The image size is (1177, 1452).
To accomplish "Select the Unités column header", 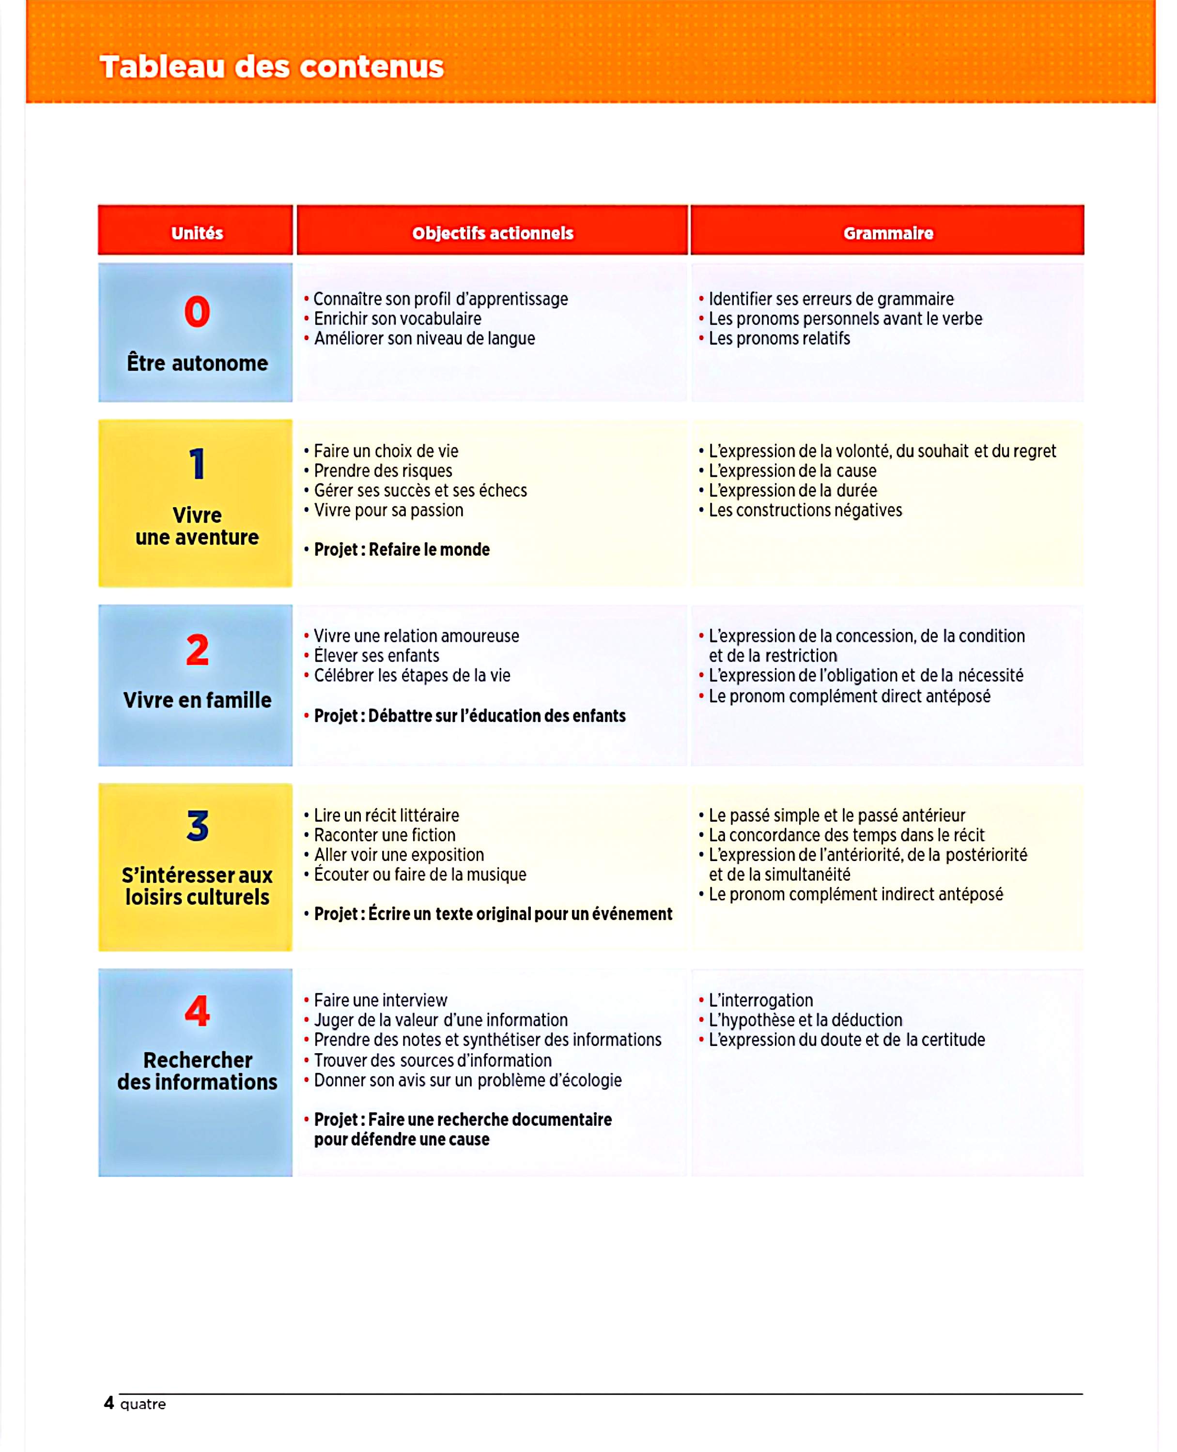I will (197, 233).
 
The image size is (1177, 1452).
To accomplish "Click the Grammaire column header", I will (887, 233).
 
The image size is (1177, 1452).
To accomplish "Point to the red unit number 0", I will (197, 312).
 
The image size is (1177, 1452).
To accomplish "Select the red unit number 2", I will (197, 650).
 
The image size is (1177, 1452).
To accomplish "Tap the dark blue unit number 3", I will (197, 826).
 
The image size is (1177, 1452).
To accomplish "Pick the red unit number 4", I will (197, 1011).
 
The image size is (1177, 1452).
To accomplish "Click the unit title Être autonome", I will (197, 363).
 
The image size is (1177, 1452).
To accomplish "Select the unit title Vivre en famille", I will (197, 700).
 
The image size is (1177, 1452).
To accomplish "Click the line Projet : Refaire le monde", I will (402, 549).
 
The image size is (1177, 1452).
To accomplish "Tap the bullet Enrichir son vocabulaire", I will (397, 318).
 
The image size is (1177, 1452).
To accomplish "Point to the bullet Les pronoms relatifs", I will (779, 338).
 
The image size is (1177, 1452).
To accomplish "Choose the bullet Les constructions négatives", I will (805, 510).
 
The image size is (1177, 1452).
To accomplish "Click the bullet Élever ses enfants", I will (376, 656).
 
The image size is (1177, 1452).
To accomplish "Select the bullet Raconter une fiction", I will (385, 835).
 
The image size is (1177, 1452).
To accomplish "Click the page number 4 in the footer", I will (108, 1403).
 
